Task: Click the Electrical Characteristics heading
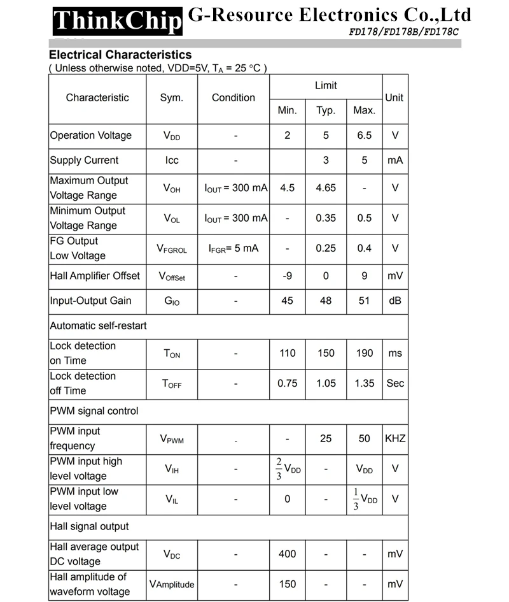click(120, 55)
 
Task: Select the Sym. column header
click(172, 98)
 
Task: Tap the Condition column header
click(234, 98)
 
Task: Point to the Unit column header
click(394, 98)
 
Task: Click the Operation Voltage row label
click(91, 136)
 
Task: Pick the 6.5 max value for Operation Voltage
click(364, 136)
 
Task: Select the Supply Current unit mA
click(395, 161)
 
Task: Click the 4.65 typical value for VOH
click(326, 188)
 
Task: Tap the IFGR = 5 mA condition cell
click(234, 248)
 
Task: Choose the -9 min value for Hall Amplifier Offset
click(287, 276)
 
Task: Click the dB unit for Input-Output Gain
click(395, 301)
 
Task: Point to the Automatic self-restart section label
click(99, 326)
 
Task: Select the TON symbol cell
click(172, 354)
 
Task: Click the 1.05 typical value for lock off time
click(326, 383)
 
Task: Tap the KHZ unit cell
click(395, 439)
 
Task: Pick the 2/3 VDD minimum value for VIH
click(288, 469)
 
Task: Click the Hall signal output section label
click(90, 527)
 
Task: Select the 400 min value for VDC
click(287, 554)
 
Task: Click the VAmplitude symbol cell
click(172, 584)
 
